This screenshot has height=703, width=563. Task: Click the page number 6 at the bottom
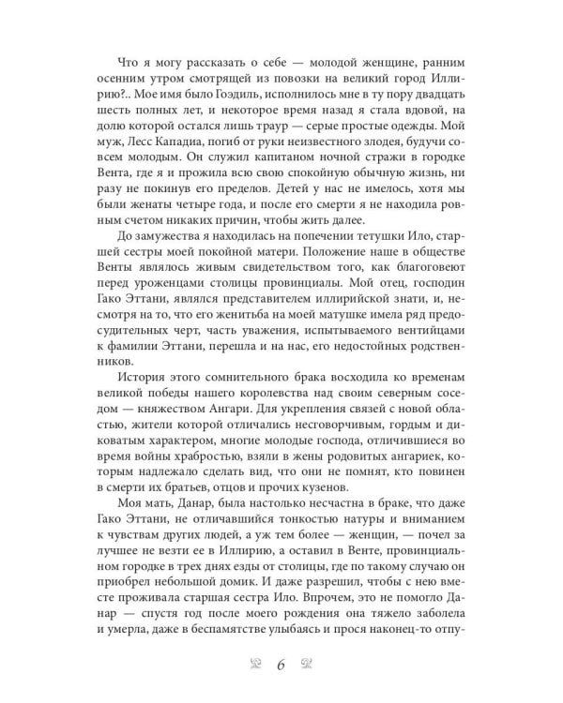[x=281, y=666]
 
